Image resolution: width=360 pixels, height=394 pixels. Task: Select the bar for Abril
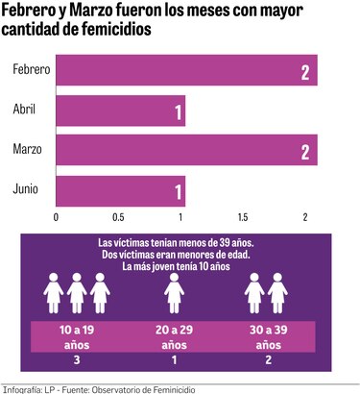(120, 112)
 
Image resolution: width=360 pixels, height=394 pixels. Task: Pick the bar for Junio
(120, 190)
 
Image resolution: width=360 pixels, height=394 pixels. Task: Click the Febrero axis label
(31, 71)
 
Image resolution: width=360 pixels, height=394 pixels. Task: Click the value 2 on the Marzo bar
(304, 151)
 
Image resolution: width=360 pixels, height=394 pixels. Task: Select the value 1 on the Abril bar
(178, 112)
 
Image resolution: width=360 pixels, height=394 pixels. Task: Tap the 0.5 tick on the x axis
(118, 216)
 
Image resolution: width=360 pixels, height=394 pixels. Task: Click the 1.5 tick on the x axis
(244, 216)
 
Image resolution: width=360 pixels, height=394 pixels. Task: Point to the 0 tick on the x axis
(56, 216)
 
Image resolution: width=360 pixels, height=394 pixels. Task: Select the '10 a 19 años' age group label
(76, 335)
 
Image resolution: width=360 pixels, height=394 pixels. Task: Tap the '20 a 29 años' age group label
(174, 335)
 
